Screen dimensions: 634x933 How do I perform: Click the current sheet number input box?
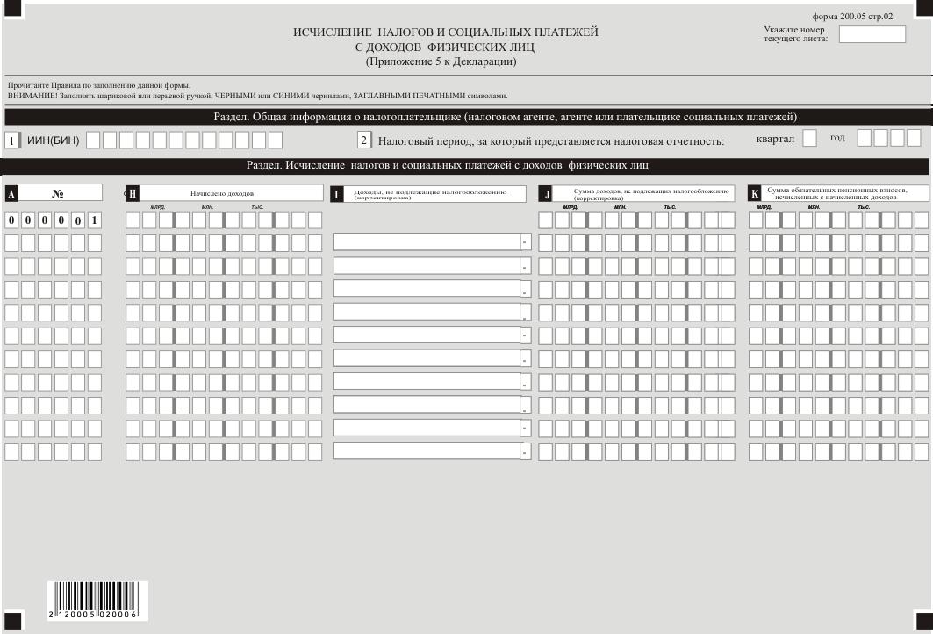click(872, 34)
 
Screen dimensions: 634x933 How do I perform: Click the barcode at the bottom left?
click(91, 601)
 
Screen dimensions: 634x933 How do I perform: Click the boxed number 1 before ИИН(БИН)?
click(11, 140)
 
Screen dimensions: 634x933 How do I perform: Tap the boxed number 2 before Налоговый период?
click(364, 140)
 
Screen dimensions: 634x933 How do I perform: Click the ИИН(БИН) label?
click(53, 140)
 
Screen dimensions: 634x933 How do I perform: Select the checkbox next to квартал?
click(809, 138)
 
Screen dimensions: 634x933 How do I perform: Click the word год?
click(837, 138)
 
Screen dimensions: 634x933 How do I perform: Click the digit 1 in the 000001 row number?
click(94, 220)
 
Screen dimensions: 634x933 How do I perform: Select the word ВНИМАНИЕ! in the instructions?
click(25, 96)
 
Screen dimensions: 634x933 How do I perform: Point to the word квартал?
click(775, 139)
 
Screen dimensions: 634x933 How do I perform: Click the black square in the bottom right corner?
click(923, 621)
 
